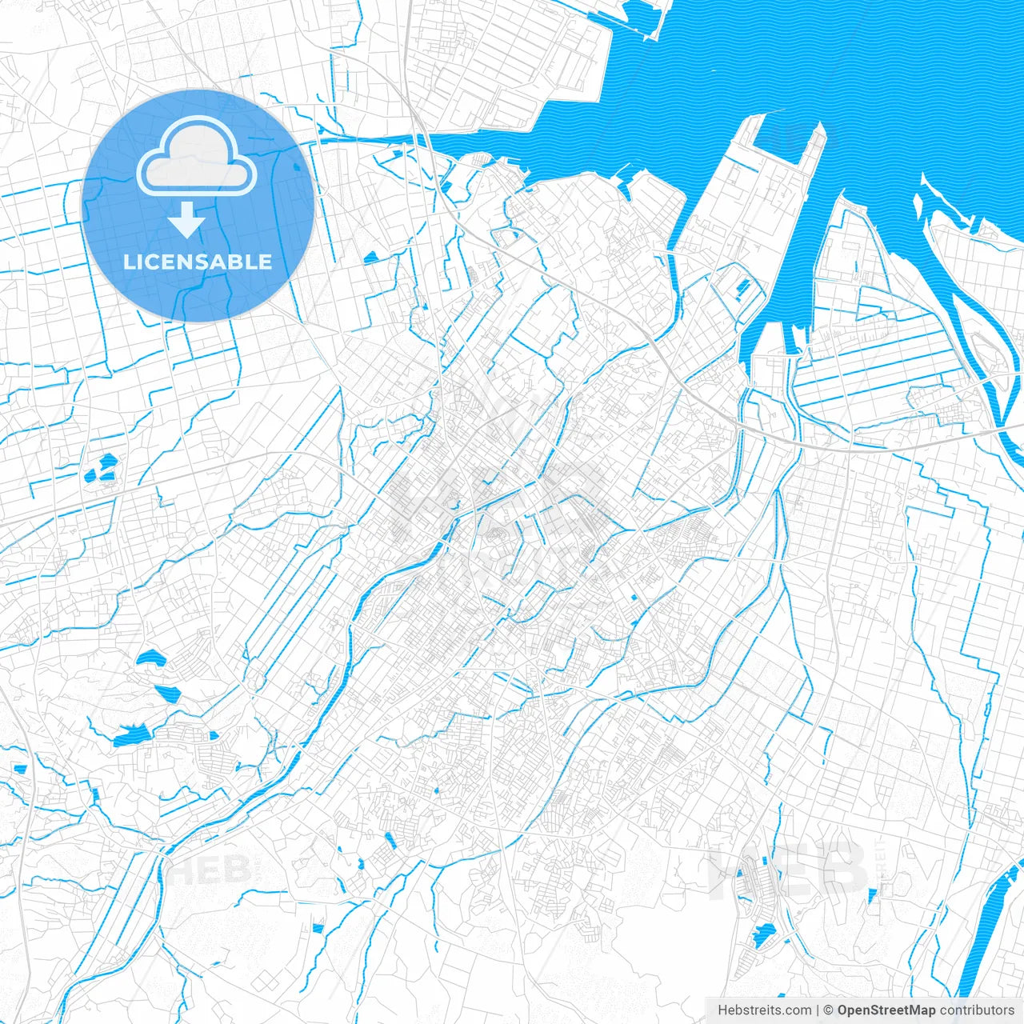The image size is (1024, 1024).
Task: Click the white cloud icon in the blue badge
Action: (196, 156)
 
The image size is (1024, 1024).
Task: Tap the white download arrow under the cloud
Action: (187, 220)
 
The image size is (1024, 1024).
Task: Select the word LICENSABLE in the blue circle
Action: (198, 262)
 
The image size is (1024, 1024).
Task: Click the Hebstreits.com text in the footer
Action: (764, 1010)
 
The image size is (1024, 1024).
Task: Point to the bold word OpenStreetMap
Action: (886, 1010)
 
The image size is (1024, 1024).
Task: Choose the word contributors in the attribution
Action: (976, 1010)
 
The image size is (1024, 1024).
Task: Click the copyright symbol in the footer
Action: (829, 1010)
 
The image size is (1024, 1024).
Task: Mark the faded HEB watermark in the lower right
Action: (788, 868)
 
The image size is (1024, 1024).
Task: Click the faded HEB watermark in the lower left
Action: (210, 868)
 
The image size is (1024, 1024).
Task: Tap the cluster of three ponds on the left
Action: (102, 468)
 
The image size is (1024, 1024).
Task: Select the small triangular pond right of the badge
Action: (370, 258)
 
